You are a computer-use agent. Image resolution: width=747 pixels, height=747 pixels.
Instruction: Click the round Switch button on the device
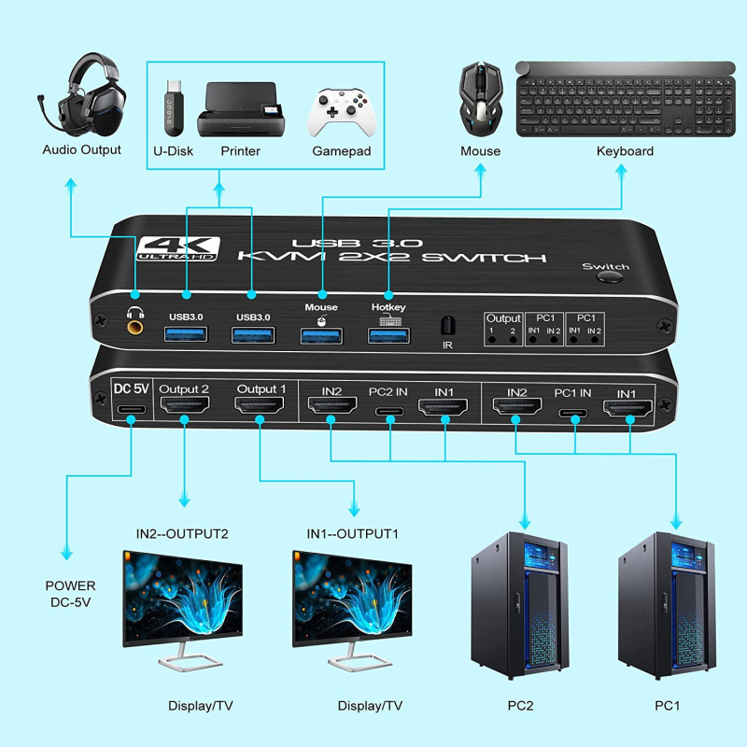pos(610,278)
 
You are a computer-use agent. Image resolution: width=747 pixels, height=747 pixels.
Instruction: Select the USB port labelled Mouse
pos(321,332)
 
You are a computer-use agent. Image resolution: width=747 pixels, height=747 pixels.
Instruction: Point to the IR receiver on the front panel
pos(447,326)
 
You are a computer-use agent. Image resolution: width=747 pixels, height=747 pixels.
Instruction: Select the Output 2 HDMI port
pos(184,406)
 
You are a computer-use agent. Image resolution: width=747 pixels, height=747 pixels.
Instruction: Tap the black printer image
pos(239,110)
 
